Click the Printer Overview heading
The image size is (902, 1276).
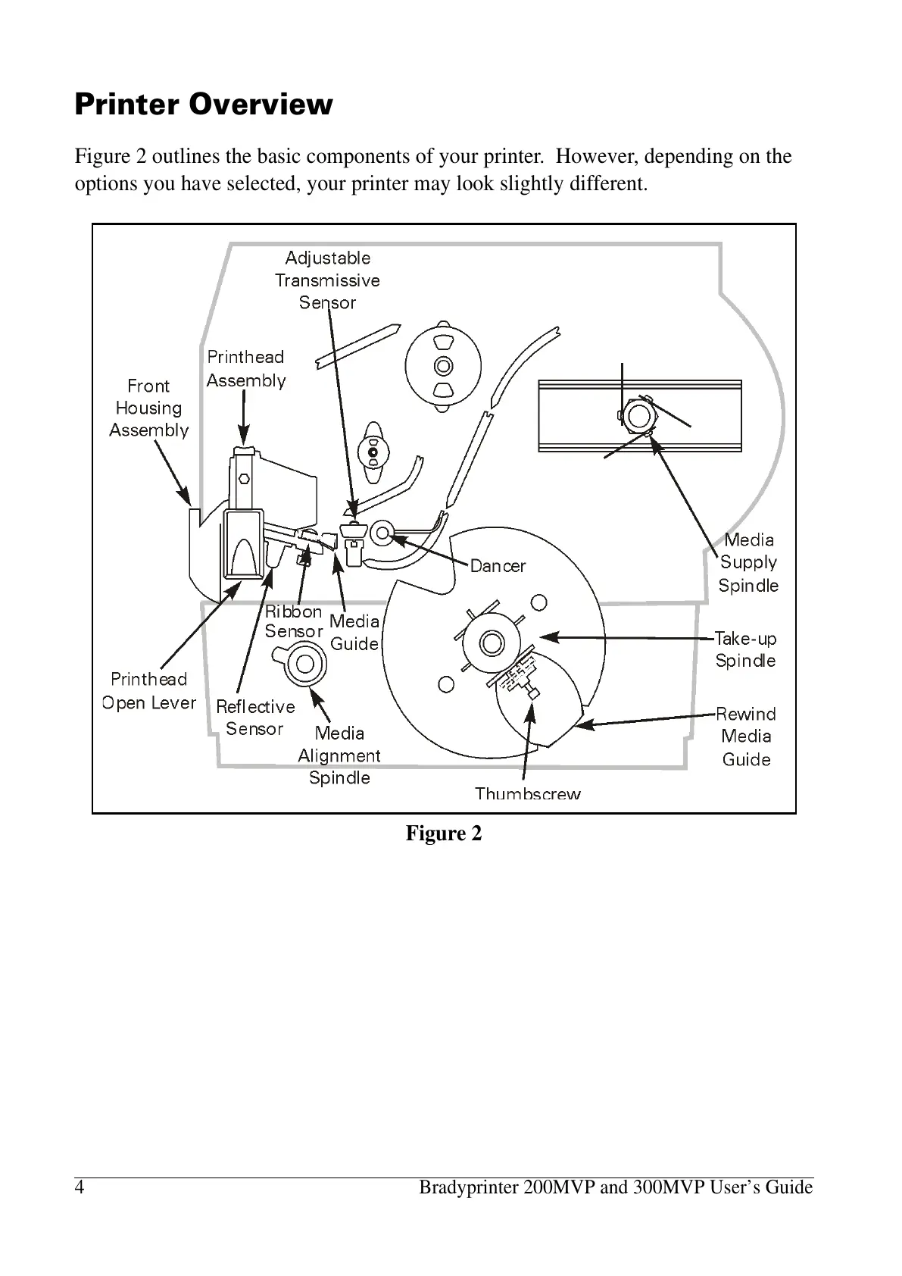(x=203, y=104)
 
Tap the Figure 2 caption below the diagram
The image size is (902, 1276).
(x=444, y=833)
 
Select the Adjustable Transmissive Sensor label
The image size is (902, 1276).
(x=327, y=280)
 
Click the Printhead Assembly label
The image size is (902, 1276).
(x=246, y=368)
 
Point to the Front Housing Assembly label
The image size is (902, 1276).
(x=149, y=408)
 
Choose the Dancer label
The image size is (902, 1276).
(x=498, y=566)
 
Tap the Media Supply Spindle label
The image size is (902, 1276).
(x=748, y=562)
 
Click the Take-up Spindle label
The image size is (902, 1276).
(x=746, y=649)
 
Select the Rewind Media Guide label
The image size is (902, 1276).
(x=746, y=736)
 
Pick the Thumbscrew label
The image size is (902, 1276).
(x=528, y=793)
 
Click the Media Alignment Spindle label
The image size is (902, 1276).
(x=339, y=755)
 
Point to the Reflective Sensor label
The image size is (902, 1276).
(x=255, y=718)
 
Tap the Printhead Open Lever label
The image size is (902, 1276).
(x=149, y=691)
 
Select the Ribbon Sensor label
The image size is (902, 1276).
(x=294, y=621)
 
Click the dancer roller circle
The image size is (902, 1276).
(x=382, y=533)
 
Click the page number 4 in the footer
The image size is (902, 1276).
(x=80, y=1187)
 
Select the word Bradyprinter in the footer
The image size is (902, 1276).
(x=470, y=1187)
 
